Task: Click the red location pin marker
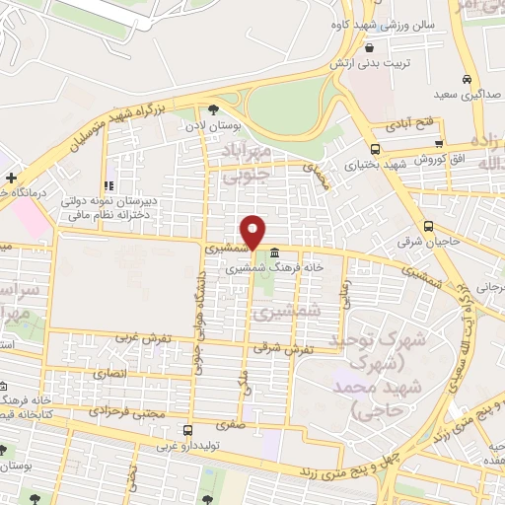coord(253,232)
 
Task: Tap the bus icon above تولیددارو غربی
coord(187,430)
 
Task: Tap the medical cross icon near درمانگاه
coord(10,178)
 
